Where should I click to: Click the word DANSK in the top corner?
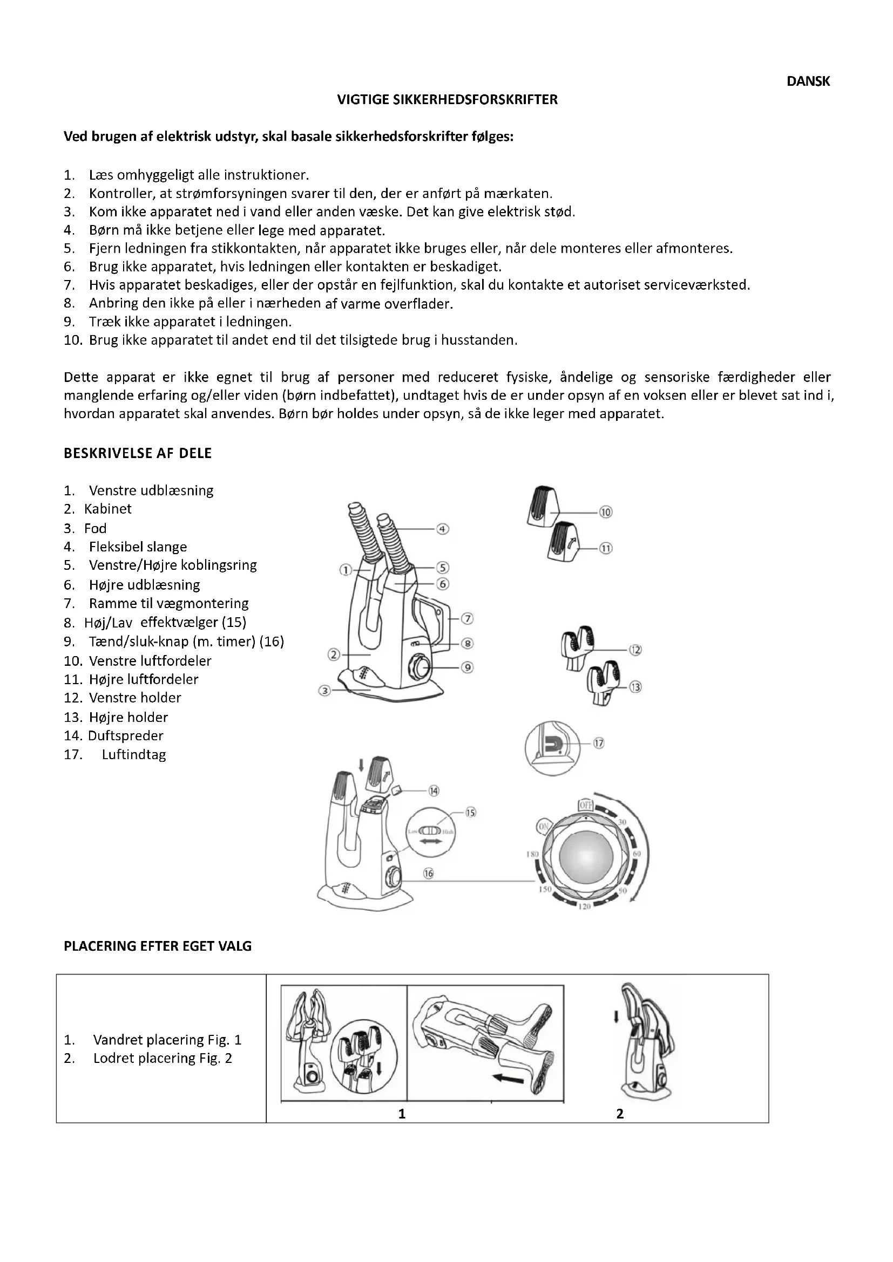tap(808, 81)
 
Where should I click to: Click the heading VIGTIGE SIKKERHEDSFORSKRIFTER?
tap(447, 99)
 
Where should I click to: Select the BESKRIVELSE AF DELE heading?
tap(138, 453)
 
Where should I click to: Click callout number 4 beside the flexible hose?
tap(443, 529)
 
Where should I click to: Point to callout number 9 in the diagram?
tap(467, 667)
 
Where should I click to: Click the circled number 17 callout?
tap(598, 743)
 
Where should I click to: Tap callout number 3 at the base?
tap(325, 691)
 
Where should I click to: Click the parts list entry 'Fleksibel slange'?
tap(138, 547)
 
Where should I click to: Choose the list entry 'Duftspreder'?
tap(125, 735)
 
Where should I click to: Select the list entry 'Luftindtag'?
tap(133, 755)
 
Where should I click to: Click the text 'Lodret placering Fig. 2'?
tap(162, 1058)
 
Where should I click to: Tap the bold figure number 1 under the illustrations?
tap(402, 1114)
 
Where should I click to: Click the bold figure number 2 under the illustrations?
tap(620, 1114)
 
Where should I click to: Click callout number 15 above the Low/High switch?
tap(471, 813)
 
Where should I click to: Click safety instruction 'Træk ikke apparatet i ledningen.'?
tap(190, 322)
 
